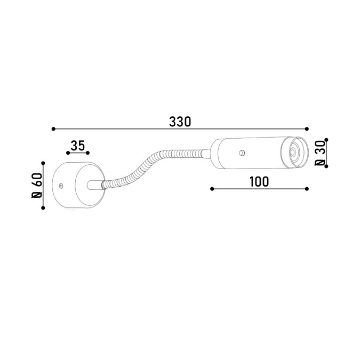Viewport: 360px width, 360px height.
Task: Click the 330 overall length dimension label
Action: point(180,122)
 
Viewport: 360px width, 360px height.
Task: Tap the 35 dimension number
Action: point(78,146)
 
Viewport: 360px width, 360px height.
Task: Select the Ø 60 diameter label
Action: point(37,186)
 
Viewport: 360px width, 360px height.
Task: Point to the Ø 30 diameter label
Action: point(320,153)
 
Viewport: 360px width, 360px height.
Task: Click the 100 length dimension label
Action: point(259,182)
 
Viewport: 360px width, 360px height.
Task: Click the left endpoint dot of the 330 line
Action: point(53,129)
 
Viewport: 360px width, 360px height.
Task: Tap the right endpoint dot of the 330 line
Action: point(307,129)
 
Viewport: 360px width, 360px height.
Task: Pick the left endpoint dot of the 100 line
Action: point(212,189)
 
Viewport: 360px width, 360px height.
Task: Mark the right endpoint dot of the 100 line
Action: point(307,189)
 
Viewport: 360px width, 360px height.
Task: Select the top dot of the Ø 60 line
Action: point(43,163)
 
